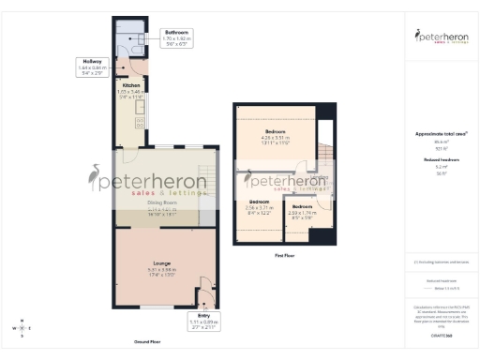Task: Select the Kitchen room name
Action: click(130, 85)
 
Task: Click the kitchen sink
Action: click(141, 105)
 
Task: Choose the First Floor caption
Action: click(286, 254)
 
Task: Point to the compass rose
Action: click(21, 328)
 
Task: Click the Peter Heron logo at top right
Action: click(441, 37)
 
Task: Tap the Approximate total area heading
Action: click(440, 134)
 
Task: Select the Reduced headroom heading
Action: click(440, 160)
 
